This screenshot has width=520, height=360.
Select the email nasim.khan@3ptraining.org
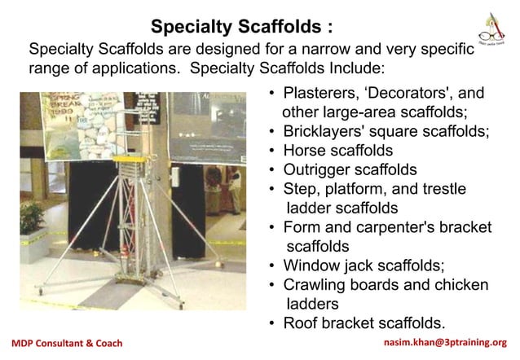[x=450, y=343]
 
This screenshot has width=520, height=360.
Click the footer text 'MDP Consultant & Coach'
[x=66, y=343]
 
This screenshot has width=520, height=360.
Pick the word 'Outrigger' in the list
[x=316, y=170]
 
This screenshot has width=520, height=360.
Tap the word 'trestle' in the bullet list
[x=440, y=189]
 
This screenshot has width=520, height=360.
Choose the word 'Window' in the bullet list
[x=308, y=265]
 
